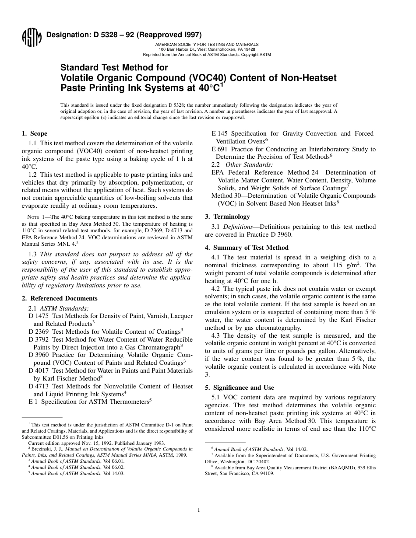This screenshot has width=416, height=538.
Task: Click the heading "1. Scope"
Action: pyautogui.click(x=35, y=134)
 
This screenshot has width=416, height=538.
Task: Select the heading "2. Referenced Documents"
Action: pyautogui.click(x=60, y=298)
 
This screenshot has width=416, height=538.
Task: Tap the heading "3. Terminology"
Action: pyautogui.click(x=227, y=217)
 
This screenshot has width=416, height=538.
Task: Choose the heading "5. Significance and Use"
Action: pyautogui.click(x=239, y=388)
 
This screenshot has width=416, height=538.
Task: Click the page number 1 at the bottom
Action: pyautogui.click(x=199, y=510)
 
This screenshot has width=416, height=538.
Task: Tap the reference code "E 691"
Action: pyautogui.click(x=221, y=149)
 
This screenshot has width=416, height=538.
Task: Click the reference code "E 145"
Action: pyautogui.click(x=221, y=133)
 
